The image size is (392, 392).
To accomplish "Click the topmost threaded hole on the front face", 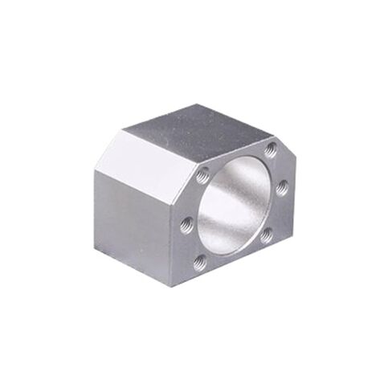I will (x=272, y=149).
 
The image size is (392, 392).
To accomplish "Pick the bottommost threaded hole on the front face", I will (x=198, y=259).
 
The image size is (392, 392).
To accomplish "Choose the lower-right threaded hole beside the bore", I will (x=267, y=235).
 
